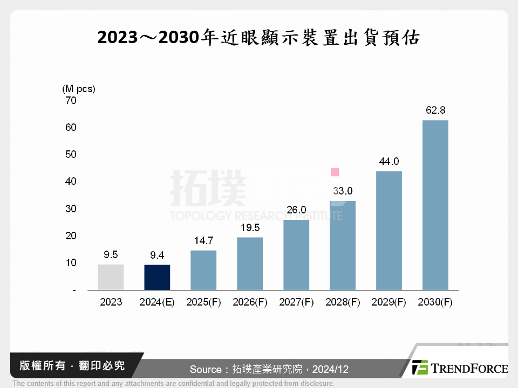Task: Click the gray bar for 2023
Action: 111,277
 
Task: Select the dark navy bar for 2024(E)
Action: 157,277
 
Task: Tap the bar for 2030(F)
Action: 435,205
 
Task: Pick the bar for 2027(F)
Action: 296,255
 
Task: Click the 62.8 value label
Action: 435,110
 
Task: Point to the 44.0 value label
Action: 388,161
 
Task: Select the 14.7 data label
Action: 203,241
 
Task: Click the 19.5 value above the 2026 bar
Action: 250,228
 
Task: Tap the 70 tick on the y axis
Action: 71,100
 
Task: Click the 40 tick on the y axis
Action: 71,182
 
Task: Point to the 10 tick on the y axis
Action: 71,263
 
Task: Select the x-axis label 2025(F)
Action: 203,302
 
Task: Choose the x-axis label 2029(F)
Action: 388,302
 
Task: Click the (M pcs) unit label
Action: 78,88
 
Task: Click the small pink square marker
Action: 335,172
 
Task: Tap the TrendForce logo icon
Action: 420,368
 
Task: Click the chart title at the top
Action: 258,37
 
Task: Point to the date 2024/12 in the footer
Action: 331,369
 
